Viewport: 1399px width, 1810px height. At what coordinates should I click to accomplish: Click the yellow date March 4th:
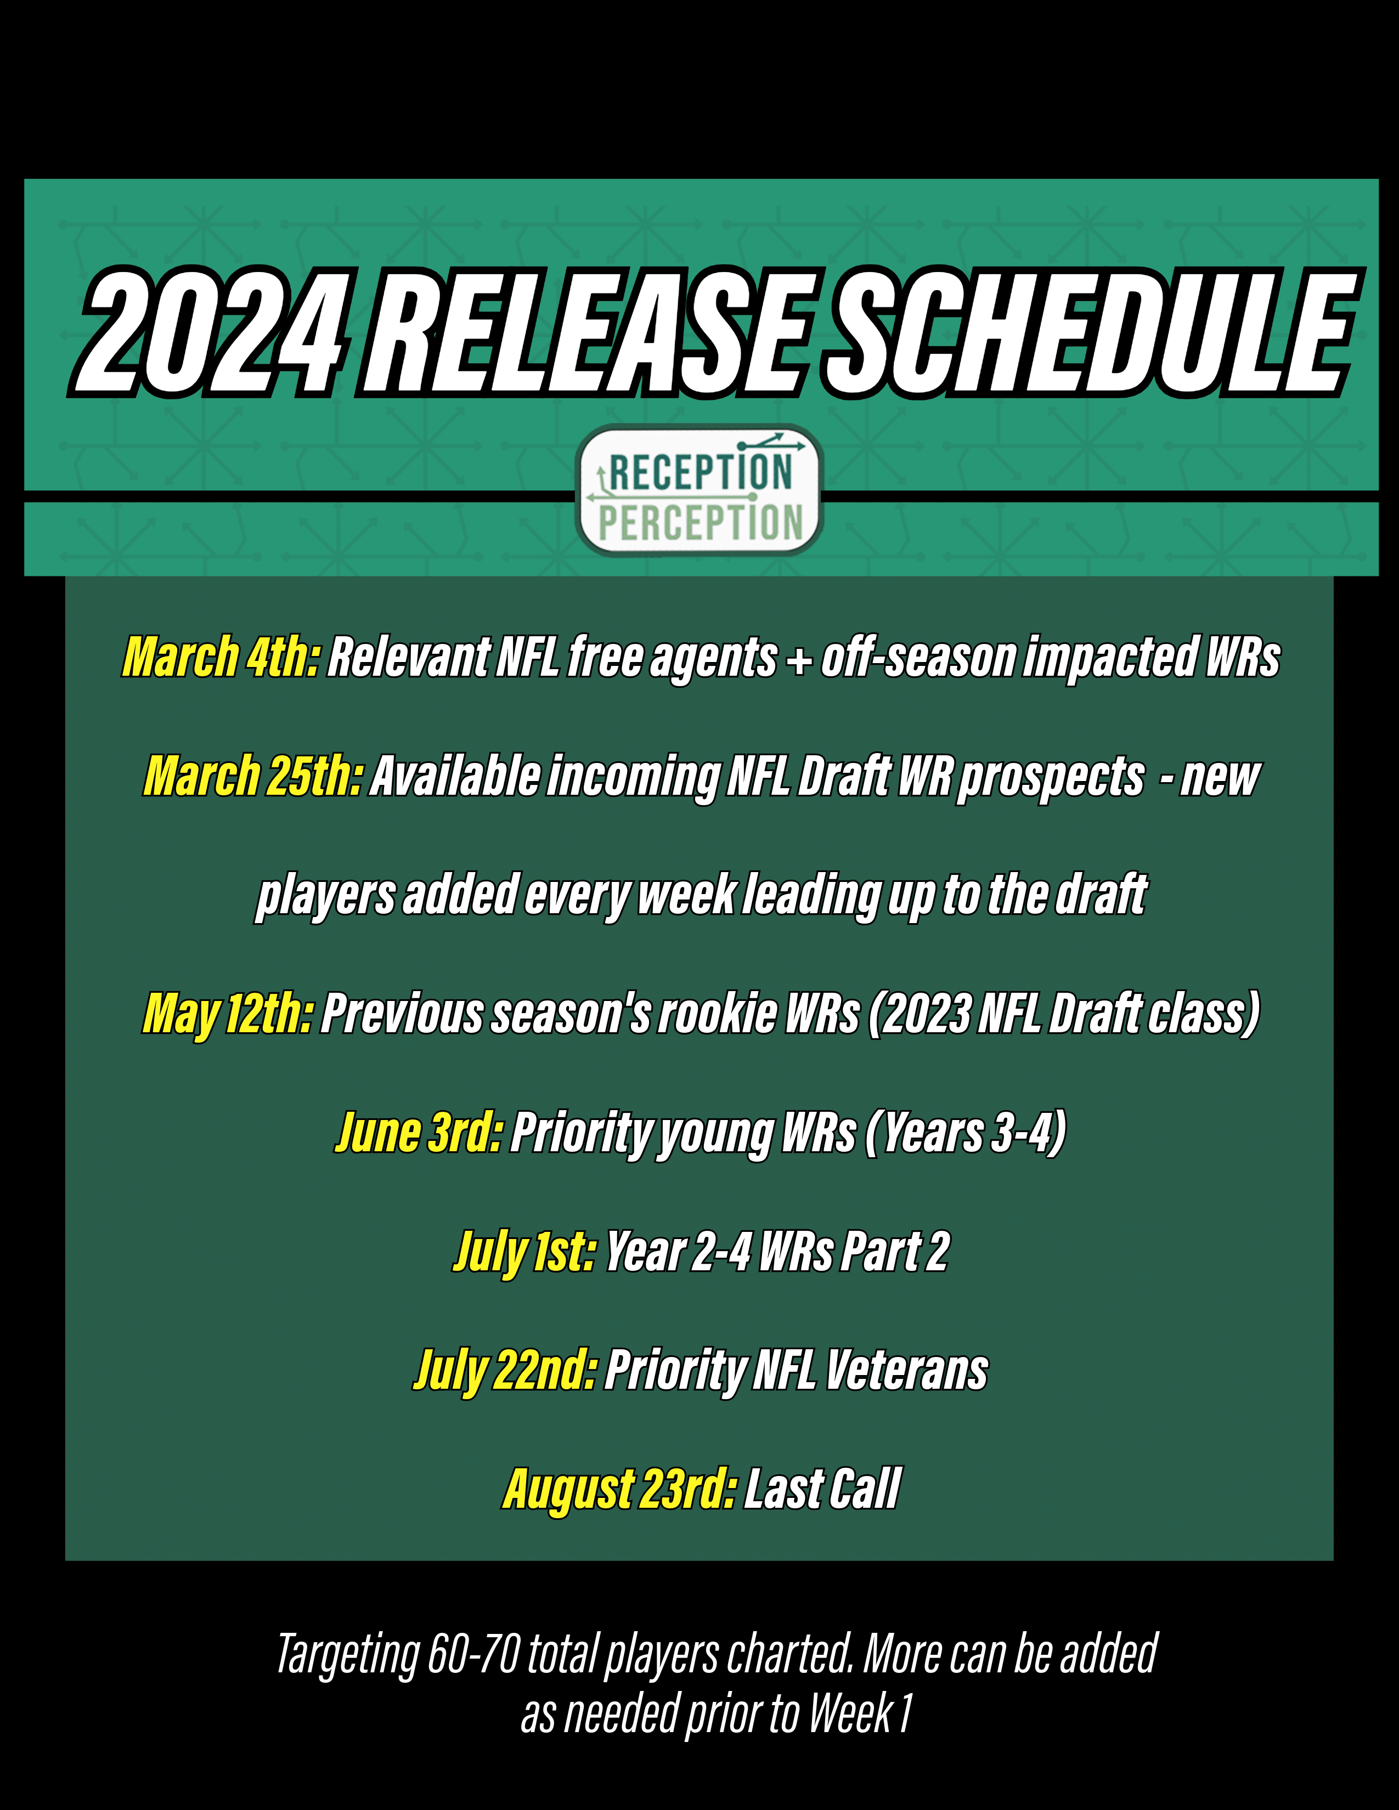point(221,657)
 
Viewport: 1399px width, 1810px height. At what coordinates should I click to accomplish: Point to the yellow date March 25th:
point(253,777)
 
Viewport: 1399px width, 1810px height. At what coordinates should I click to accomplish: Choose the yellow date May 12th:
point(228,1014)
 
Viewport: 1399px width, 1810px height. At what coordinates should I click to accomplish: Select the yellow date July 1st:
point(524,1252)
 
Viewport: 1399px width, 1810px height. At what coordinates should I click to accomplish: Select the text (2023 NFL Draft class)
point(1064,1014)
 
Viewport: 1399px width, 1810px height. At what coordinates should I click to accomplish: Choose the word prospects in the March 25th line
point(1051,777)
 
